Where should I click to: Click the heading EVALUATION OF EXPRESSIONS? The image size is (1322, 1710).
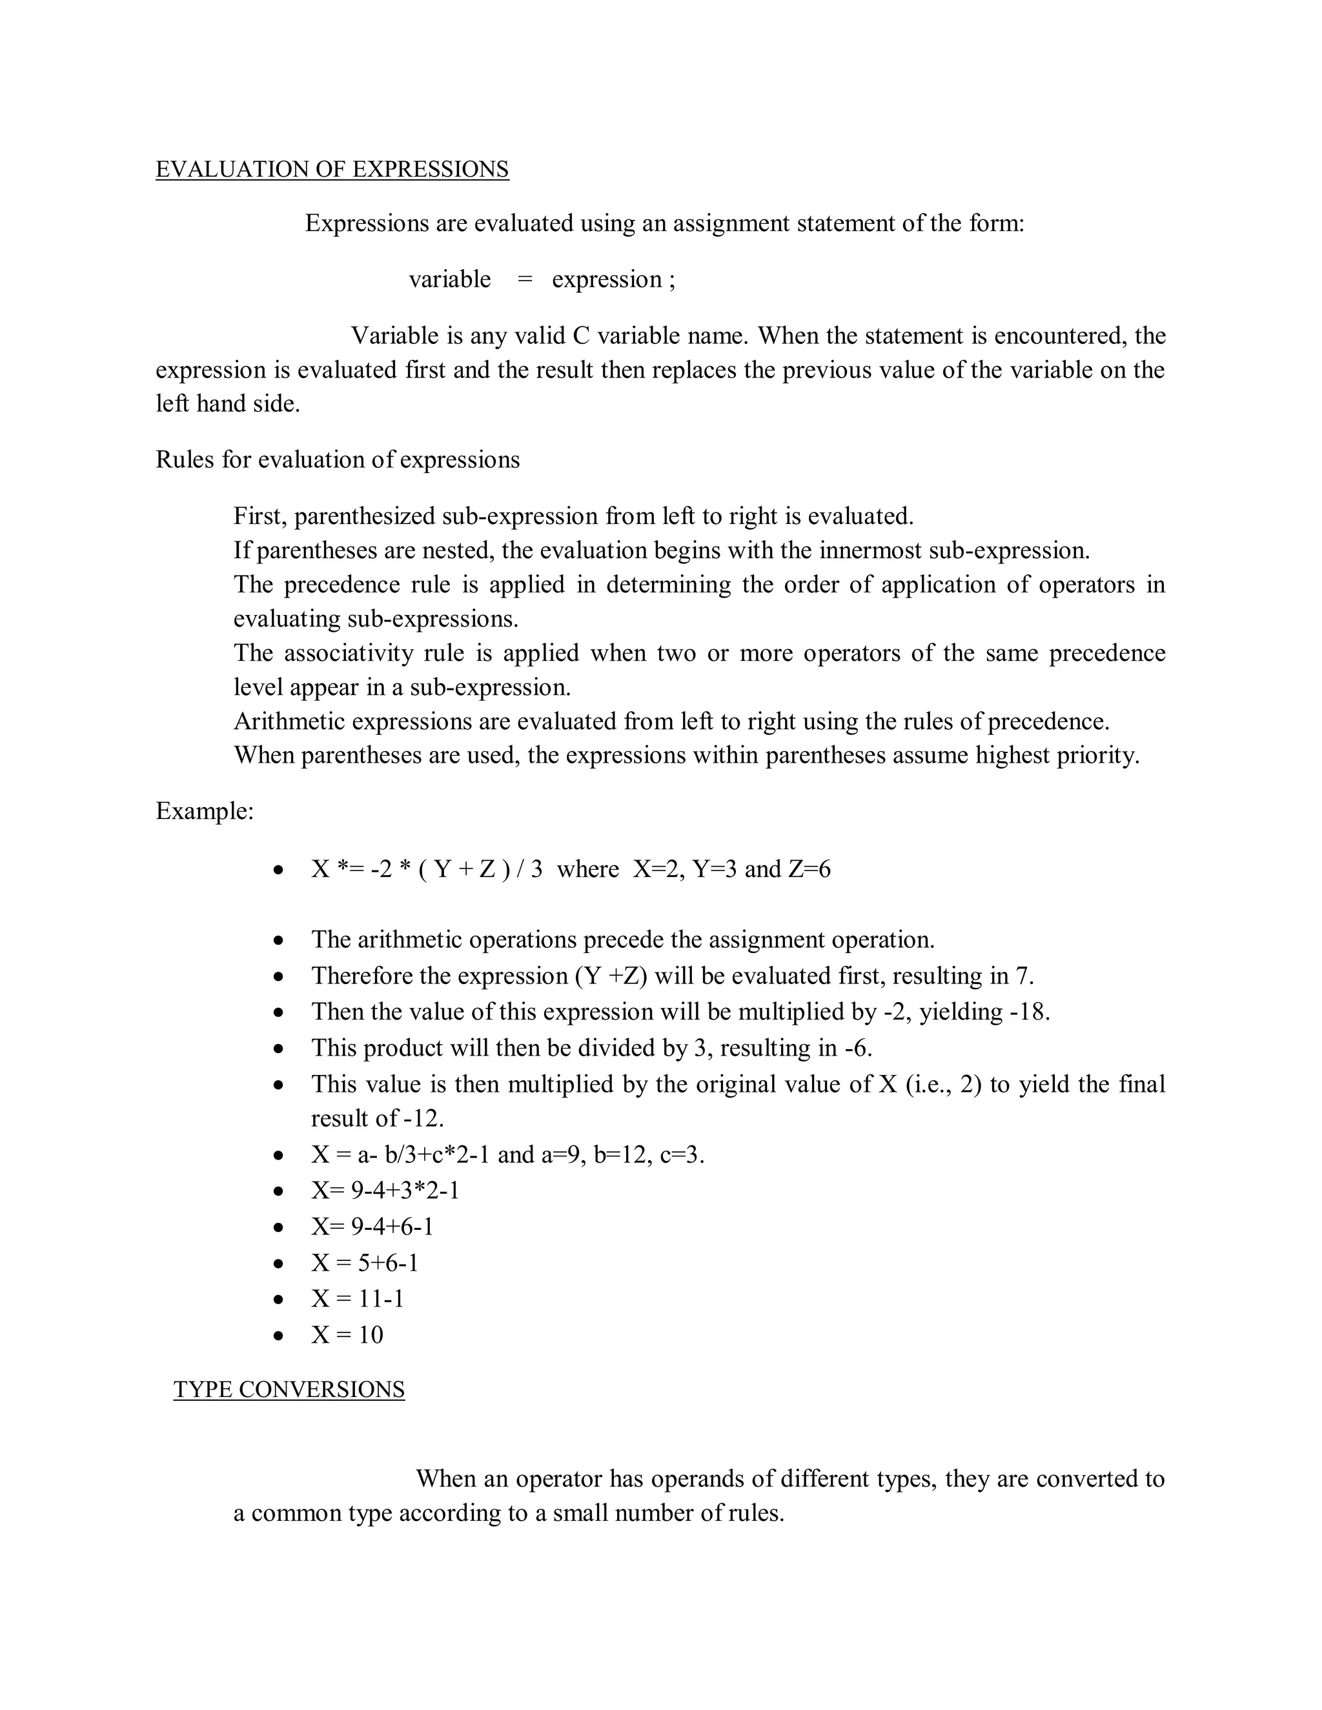332,169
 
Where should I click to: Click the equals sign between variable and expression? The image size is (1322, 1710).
525,279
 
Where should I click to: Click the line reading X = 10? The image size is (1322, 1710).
347,1334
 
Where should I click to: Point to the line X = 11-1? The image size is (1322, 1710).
357,1298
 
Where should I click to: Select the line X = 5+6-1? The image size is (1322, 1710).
364,1262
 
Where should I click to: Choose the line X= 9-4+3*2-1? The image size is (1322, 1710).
385,1190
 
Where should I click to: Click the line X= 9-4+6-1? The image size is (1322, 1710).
372,1226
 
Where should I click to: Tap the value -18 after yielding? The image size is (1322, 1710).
1028,1012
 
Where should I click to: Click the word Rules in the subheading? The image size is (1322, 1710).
185,459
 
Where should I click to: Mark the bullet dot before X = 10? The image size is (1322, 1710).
278,1336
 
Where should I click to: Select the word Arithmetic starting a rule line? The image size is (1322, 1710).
289,721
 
